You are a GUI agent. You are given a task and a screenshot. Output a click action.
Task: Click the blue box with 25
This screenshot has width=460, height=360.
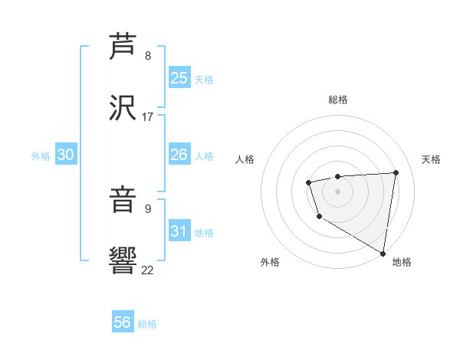click(179, 78)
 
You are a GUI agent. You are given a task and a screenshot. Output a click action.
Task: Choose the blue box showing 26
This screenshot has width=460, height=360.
click(179, 155)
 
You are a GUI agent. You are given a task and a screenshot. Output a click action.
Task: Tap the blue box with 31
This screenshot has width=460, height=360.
click(179, 231)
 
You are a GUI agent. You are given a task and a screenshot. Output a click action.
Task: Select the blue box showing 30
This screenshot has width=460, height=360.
click(65, 155)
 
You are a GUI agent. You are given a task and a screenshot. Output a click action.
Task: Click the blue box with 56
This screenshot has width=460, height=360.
click(123, 322)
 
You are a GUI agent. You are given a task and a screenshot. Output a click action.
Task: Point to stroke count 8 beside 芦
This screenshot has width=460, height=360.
click(148, 56)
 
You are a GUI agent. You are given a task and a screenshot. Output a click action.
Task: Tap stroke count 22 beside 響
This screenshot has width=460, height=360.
click(147, 269)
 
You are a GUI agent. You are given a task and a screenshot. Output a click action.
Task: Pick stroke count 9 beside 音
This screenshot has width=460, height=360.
click(148, 208)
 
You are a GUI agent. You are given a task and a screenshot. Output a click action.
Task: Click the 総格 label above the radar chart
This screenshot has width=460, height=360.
click(337, 100)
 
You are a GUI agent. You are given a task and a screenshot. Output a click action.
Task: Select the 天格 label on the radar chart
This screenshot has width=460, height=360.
click(431, 159)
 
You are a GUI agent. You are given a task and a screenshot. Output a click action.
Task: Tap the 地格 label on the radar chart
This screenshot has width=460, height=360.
click(402, 262)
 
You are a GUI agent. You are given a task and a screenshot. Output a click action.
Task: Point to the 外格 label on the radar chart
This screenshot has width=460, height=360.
click(270, 262)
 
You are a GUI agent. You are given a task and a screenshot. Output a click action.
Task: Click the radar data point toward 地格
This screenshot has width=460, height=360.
click(383, 254)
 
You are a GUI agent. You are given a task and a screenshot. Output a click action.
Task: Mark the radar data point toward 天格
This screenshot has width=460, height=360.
click(396, 172)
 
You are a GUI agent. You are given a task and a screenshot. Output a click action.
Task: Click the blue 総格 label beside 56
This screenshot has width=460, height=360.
click(147, 323)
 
